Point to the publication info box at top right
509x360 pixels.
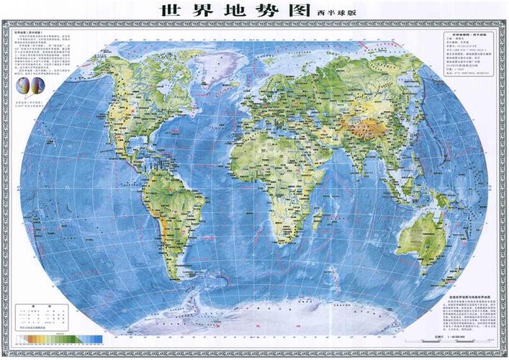[x=466, y=55]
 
